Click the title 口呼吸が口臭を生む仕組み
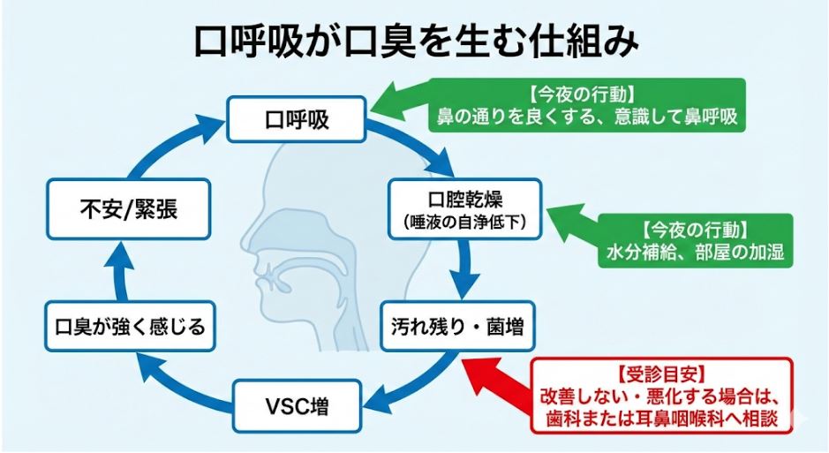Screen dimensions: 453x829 tap(414, 40)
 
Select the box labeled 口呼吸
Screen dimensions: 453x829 tap(296, 119)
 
